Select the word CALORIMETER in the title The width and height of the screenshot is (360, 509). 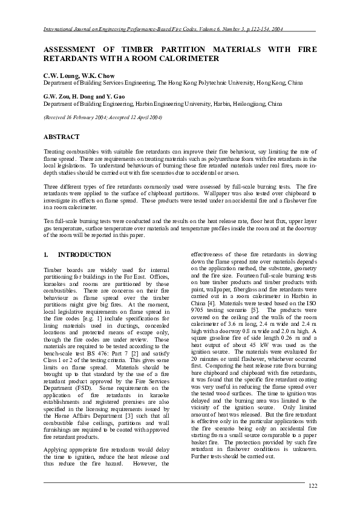pos(187,59)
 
